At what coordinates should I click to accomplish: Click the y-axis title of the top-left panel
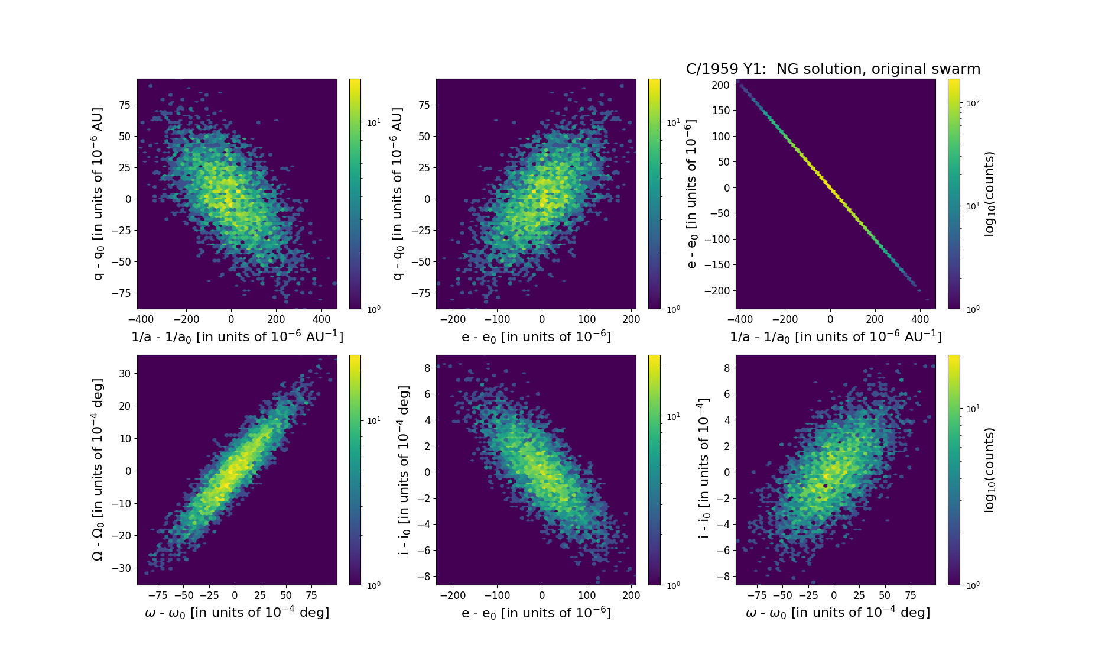coord(98,193)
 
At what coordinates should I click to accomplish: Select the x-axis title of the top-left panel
coord(237,336)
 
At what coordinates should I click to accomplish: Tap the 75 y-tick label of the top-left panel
coord(125,105)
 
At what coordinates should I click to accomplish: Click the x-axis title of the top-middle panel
coord(536,336)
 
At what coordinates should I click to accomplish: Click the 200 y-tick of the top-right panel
coord(721,85)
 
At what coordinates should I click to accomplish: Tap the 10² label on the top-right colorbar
coord(972,103)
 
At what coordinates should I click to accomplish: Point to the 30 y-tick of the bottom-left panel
coord(124,374)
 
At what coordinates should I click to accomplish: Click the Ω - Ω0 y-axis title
coord(98,470)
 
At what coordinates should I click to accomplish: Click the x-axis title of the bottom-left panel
coord(237,613)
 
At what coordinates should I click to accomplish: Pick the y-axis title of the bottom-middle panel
coord(404,470)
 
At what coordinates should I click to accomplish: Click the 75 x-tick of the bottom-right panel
coord(911,595)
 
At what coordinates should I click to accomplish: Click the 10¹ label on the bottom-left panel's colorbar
coord(373,420)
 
